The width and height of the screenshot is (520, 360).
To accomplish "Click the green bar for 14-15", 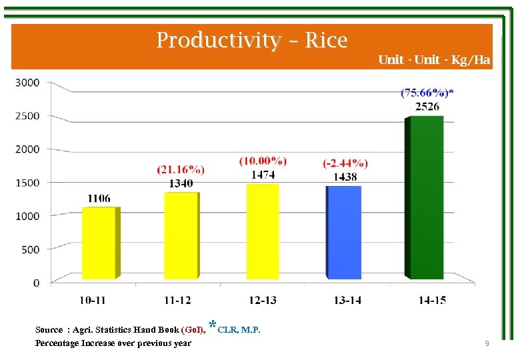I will point(427,197).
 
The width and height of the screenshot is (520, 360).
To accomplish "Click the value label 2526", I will point(427,107).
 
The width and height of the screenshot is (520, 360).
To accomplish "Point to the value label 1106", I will point(99,199).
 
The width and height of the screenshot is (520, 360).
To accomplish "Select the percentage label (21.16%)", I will point(181,171).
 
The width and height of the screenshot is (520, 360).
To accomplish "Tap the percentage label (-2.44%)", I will point(345,163).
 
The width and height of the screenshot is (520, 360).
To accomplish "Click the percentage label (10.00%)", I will point(263,161).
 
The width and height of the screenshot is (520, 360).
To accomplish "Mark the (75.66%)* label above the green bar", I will point(427,93).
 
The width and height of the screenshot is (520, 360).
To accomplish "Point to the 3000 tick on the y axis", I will point(28,82).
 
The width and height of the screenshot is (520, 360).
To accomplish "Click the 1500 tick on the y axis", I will point(28,183).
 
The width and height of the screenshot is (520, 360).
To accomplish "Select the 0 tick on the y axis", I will point(36,283).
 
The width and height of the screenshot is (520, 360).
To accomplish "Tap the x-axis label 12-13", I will point(263,300).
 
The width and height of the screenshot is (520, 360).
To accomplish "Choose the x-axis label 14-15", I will point(432,300).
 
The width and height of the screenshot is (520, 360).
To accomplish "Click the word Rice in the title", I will point(326,41).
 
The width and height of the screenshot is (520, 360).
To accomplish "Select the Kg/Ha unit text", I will point(471,60).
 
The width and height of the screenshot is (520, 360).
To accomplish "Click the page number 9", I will point(487,343).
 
